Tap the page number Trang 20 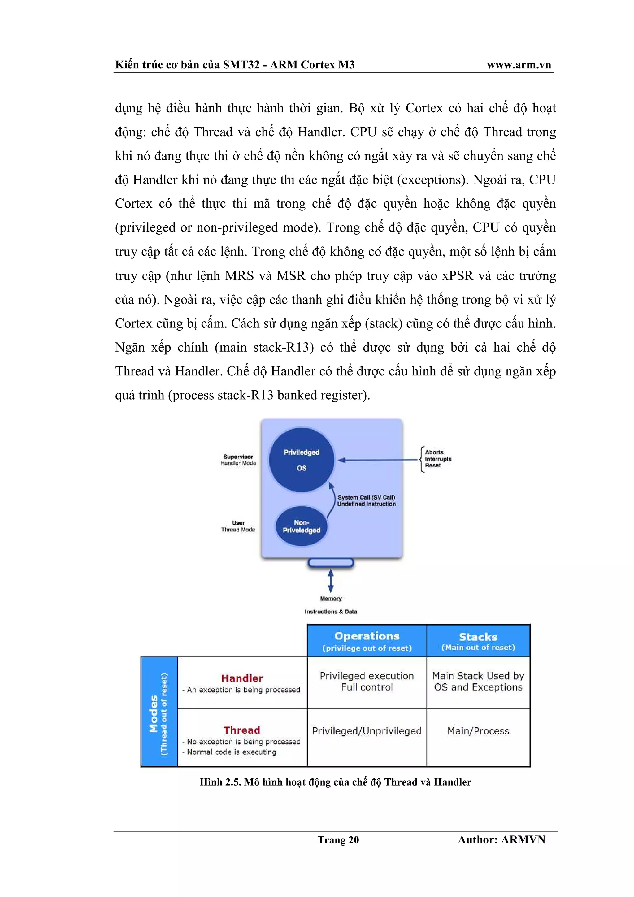point(338,839)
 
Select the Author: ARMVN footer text point(501,839)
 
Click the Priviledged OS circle point(302,460)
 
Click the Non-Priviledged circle point(301,526)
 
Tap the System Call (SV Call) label point(366,497)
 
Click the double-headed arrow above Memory point(331,581)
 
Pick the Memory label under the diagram point(331,599)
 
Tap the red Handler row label point(242,678)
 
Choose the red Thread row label point(242,730)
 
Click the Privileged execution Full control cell point(367,682)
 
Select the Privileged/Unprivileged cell point(367,731)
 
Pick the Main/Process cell point(478,731)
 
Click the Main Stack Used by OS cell point(478,682)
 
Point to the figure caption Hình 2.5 point(335,782)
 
